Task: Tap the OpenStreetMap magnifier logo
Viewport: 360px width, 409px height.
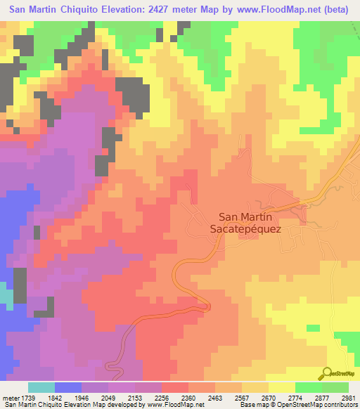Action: click(x=326, y=372)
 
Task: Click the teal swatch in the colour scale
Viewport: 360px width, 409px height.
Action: click(x=41, y=387)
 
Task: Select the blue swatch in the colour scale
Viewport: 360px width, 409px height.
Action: click(x=68, y=387)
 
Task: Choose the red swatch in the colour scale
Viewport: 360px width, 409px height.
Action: click(x=175, y=387)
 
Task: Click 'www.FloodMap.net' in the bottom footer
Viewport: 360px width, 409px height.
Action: click(x=174, y=405)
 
